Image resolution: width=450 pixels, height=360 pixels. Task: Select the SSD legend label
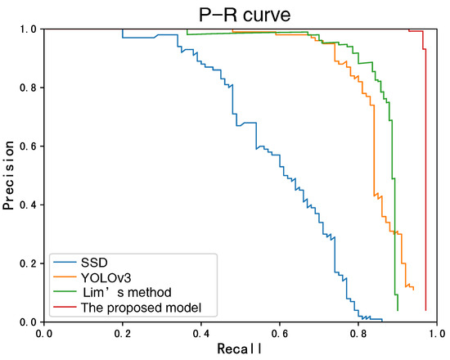[93, 263]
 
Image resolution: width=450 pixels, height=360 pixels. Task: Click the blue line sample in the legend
[65, 263]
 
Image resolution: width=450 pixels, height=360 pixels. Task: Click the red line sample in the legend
[65, 308]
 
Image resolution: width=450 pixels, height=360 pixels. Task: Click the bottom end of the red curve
[425, 310]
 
